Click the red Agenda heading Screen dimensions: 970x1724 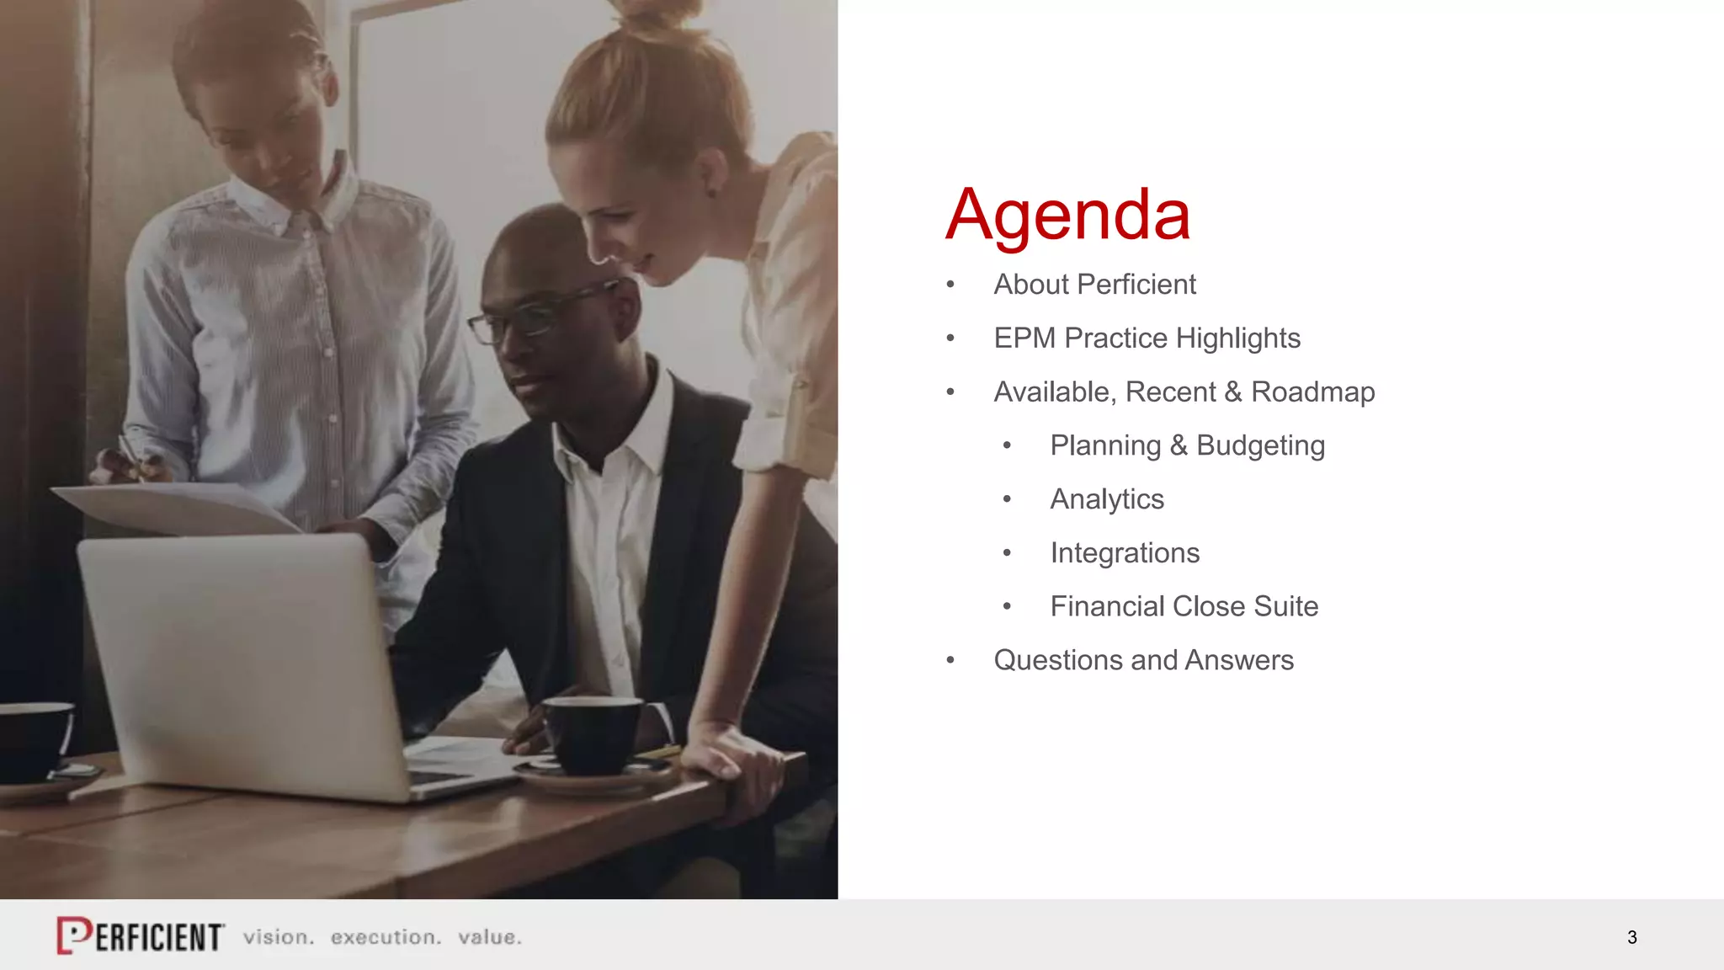(x=1067, y=216)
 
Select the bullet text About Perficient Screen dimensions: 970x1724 (x=1094, y=285)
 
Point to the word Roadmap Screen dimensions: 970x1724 (x=1312, y=392)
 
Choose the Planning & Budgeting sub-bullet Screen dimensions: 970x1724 (x=1187, y=445)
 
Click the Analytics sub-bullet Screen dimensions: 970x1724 (x=1107, y=499)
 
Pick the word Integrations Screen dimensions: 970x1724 (x=1125, y=553)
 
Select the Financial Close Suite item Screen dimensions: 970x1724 (x=1184, y=606)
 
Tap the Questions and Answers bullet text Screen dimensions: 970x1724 (x=1143, y=660)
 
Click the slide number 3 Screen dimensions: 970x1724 (x=1631, y=937)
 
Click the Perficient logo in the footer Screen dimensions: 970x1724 (x=140, y=935)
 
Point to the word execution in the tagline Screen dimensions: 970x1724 (x=386, y=937)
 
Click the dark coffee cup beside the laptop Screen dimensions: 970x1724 (x=593, y=734)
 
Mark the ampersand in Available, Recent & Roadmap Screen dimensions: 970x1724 (x=1233, y=392)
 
